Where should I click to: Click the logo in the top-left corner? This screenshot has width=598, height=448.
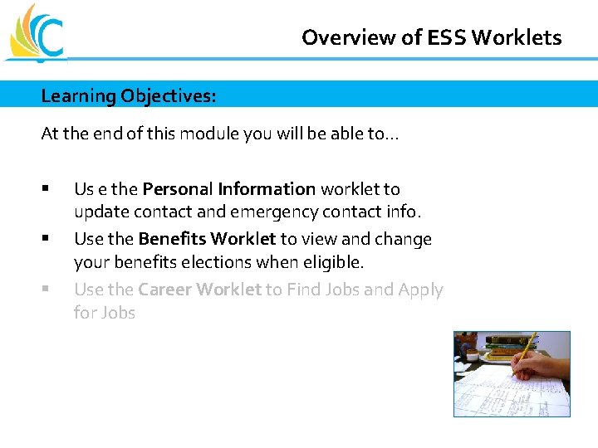coord(35,33)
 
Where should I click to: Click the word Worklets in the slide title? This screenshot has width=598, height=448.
coord(525,37)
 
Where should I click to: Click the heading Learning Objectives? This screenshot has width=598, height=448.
coord(129,95)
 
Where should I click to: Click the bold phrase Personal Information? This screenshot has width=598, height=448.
coord(229,189)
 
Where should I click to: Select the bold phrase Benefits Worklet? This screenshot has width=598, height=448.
coord(207,239)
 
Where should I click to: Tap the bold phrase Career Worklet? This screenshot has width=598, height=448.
coord(199,290)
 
